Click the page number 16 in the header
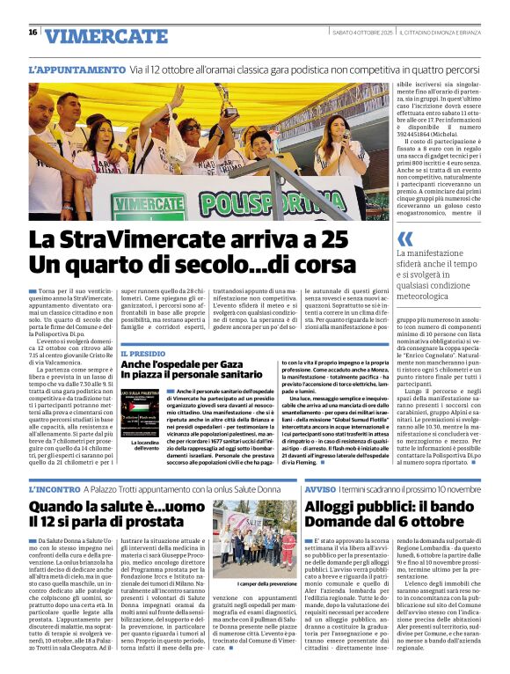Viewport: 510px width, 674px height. tap(32, 32)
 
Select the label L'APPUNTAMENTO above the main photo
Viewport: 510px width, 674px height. tap(76, 69)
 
